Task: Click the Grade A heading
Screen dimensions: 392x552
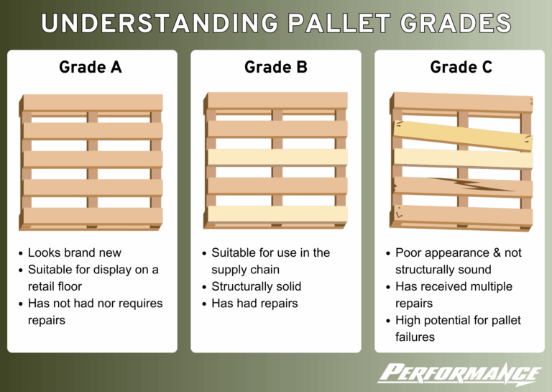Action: [90, 67]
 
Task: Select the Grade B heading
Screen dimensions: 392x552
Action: [275, 67]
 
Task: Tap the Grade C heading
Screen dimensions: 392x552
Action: [460, 67]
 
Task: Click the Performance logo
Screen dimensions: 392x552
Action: [460, 373]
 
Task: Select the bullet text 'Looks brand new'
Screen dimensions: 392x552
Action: [75, 253]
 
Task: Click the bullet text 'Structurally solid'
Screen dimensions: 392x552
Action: [256, 286]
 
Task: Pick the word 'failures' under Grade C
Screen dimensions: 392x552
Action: [415, 337]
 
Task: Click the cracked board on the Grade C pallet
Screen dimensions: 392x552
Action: [461, 186]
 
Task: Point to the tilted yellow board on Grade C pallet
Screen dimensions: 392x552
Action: [461, 135]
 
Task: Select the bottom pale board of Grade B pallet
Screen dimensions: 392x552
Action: [277, 214]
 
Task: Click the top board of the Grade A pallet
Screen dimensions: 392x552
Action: [91, 102]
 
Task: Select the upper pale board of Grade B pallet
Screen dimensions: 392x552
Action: [277, 157]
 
